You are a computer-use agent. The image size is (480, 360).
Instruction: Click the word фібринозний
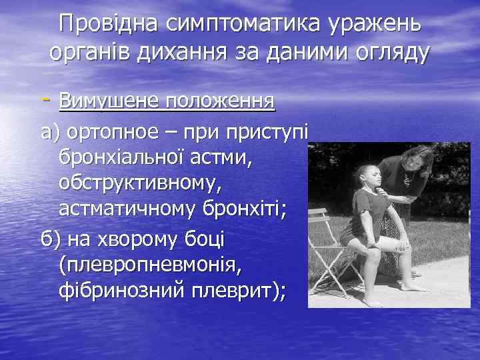pyautogui.click(x=123, y=291)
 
